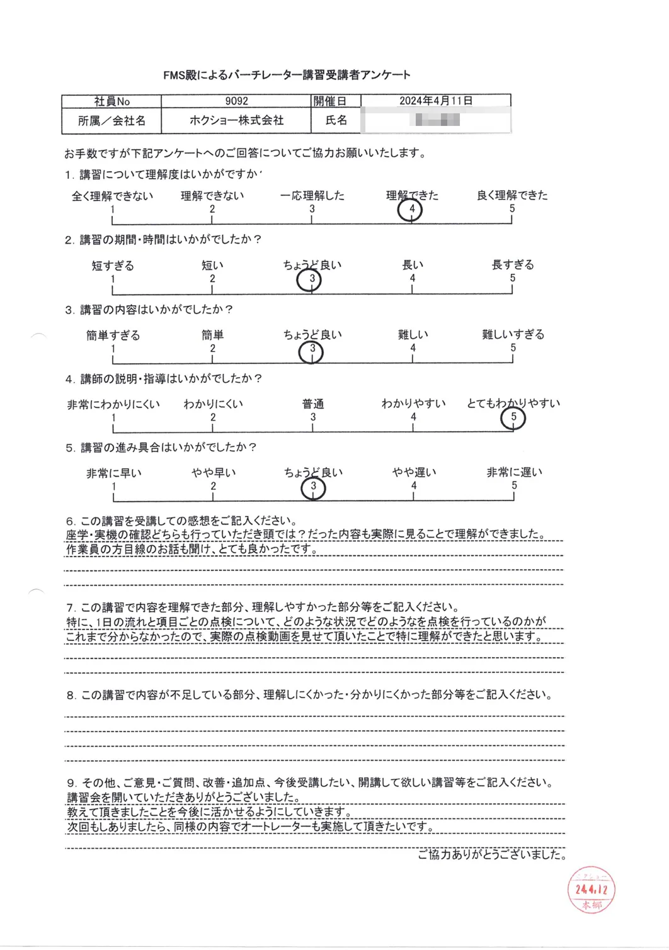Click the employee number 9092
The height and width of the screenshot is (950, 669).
pos(236,101)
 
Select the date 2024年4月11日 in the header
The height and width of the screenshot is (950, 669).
pos(435,101)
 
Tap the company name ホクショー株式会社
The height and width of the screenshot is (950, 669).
pos(236,120)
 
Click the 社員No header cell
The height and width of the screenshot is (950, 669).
pos(111,101)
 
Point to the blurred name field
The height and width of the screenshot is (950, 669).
pos(435,120)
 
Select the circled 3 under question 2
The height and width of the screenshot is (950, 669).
pos(310,279)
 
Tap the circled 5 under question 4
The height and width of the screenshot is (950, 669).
pos(513,417)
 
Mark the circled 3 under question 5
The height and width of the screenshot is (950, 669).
pos(313,487)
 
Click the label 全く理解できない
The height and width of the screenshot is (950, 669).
pos(112,196)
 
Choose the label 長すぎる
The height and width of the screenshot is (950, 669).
pos(512,265)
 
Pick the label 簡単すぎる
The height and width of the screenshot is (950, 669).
pos(113,335)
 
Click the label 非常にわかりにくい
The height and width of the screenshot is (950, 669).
pos(113,404)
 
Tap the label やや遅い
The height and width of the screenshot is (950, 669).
pos(414,473)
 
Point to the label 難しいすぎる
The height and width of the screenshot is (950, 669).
pos(513,334)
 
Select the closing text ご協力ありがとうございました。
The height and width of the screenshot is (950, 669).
pos(491,854)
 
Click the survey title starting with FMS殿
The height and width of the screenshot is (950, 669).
pos(287,75)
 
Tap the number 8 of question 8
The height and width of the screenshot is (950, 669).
pos(71,696)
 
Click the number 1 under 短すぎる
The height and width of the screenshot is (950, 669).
pos(113,279)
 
